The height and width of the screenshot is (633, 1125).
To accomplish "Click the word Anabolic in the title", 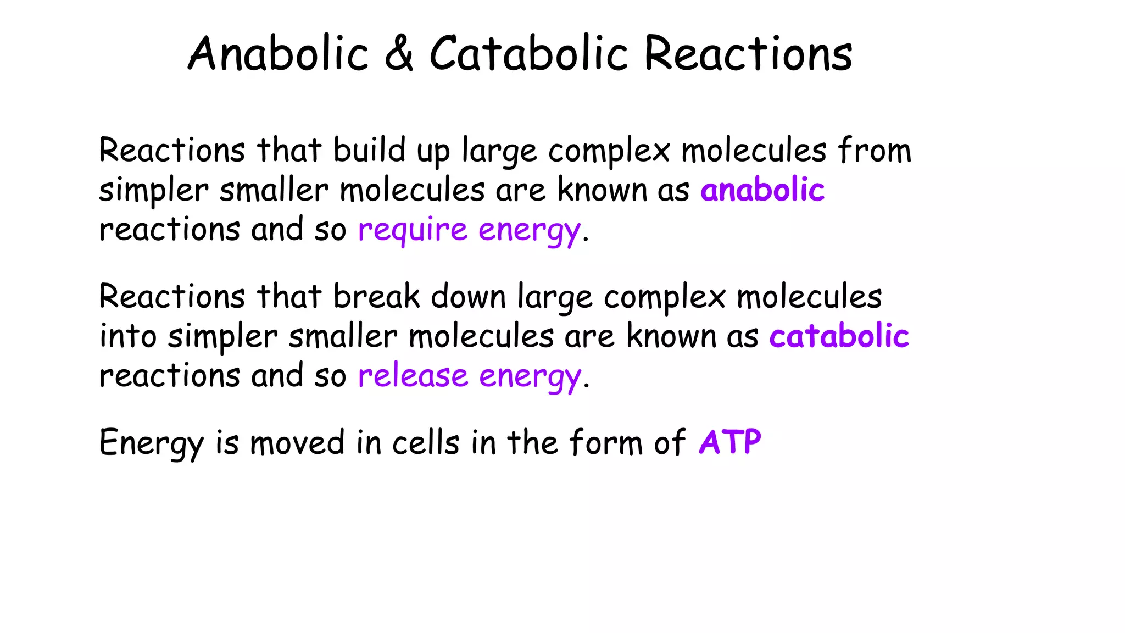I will tap(278, 54).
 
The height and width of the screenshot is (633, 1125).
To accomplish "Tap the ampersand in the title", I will tap(399, 54).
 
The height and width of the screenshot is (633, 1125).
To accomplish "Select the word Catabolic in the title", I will tap(528, 54).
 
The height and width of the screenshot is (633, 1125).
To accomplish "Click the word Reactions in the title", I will tap(748, 54).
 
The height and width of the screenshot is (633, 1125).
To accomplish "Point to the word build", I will tap(369, 150).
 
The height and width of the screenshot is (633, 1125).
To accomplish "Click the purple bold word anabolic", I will tap(762, 190).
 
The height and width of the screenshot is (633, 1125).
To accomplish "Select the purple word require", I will tap(412, 230).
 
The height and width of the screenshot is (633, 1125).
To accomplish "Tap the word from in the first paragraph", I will tap(875, 150).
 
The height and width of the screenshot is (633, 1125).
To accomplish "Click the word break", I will tap(376, 297).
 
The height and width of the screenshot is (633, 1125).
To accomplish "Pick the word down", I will tap(468, 297).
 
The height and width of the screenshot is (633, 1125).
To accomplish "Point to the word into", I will tap(127, 336).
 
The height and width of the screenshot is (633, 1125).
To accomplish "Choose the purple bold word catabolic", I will tap(839, 336).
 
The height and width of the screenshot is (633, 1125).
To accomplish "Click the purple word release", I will tap(413, 376).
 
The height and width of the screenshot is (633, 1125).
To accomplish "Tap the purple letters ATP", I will tap(730, 442).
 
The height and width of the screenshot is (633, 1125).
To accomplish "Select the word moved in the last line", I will tap(297, 443).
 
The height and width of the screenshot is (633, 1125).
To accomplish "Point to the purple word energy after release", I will tap(530, 377).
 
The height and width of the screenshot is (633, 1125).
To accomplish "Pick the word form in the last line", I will tap(606, 443).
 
